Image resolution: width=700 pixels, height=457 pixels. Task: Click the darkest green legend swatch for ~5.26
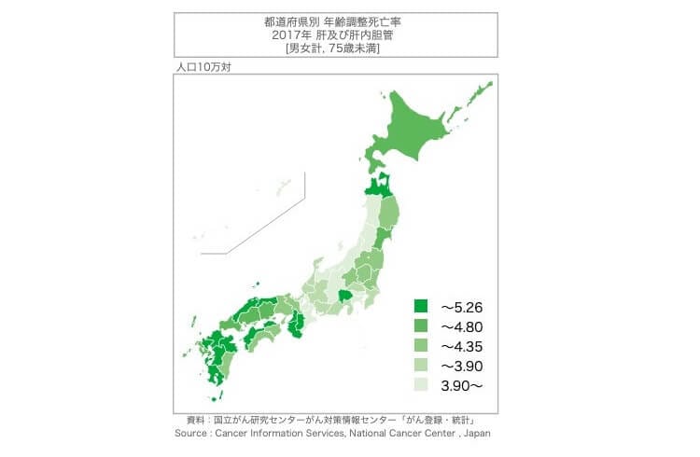(x=420, y=306)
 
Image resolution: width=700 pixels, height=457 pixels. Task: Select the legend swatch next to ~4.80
(x=420, y=325)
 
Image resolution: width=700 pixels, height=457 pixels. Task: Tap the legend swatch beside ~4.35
(x=420, y=345)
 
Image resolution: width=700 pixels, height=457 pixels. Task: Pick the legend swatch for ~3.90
(x=420, y=365)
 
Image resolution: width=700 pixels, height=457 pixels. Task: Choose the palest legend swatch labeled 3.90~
(x=420, y=384)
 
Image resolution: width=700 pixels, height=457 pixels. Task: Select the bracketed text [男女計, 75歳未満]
(x=333, y=47)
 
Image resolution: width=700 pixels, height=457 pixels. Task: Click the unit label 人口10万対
(x=200, y=69)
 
